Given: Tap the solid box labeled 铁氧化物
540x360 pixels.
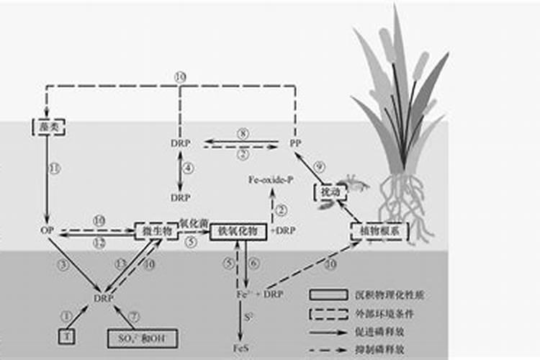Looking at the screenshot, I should coord(238,230).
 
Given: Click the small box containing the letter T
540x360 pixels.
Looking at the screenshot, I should coord(66,336).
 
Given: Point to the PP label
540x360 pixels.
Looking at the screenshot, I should coord(294,143).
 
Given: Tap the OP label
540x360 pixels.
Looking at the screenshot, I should coord(45,230).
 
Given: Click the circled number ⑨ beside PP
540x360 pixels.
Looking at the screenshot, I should coord(319,166).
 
